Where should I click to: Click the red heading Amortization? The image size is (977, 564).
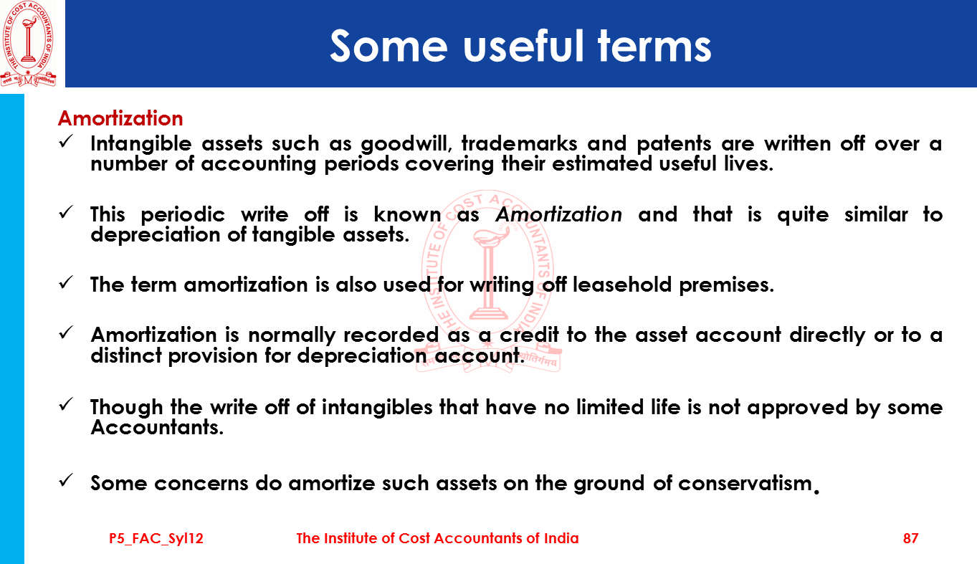pyautogui.click(x=120, y=118)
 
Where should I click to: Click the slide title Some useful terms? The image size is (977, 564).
pyautogui.click(x=520, y=47)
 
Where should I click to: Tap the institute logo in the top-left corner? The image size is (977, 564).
pyautogui.click(x=29, y=44)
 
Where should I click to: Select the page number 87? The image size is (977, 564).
pyautogui.click(x=911, y=538)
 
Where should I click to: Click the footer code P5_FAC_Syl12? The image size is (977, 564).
pyautogui.click(x=156, y=539)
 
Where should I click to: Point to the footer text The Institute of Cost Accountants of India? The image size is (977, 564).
pyautogui.click(x=437, y=538)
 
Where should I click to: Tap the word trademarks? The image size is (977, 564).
pyautogui.click(x=519, y=143)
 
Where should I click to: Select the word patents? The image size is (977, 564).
pyautogui.click(x=673, y=144)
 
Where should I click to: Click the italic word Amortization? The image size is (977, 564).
pyautogui.click(x=558, y=214)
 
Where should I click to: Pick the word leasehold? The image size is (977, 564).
pyautogui.click(x=621, y=285)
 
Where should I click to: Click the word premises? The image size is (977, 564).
pyautogui.click(x=726, y=285)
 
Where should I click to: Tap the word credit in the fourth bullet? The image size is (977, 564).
pyautogui.click(x=528, y=335)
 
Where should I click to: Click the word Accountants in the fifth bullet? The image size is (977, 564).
pyautogui.click(x=157, y=427)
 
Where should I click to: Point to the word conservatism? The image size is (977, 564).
pyautogui.click(x=745, y=483)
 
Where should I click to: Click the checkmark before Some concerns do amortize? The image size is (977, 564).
pyautogui.click(x=66, y=480)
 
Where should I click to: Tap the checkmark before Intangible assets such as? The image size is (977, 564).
pyautogui.click(x=66, y=141)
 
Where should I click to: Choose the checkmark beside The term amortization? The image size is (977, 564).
pyautogui.click(x=66, y=282)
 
